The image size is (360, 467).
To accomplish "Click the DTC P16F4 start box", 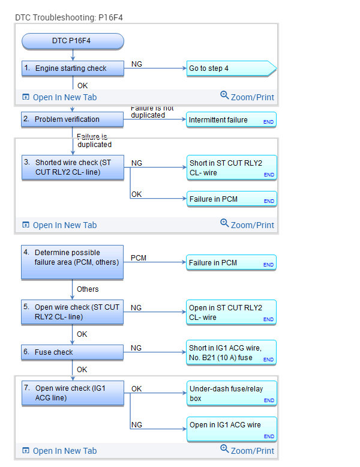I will (x=73, y=41).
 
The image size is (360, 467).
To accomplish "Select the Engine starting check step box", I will (x=73, y=68).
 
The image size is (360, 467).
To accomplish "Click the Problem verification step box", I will (x=73, y=119).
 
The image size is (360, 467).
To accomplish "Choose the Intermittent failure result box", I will (x=231, y=120).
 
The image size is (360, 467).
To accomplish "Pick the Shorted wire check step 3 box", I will (x=73, y=167).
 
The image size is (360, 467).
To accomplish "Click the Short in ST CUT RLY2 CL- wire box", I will (x=231, y=167).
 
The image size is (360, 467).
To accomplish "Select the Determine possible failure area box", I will (x=73, y=262).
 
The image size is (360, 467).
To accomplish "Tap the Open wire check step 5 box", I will (x=73, y=312).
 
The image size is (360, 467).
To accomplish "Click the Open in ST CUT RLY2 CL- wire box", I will (x=231, y=312).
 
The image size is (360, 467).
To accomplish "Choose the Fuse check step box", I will (x=73, y=352).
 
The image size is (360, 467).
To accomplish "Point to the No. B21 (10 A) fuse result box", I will (x=231, y=352).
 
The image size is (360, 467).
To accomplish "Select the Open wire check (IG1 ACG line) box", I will (x=73, y=393).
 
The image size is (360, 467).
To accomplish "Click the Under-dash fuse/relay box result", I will (x=231, y=393).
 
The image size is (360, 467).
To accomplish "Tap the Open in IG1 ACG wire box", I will (x=231, y=427).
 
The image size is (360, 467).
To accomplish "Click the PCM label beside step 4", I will (x=139, y=258).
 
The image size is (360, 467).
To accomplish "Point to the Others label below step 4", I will (x=88, y=289).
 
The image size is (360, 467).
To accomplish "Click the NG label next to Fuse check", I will (x=136, y=348).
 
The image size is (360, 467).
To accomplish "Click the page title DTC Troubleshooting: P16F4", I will (x=69, y=18).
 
